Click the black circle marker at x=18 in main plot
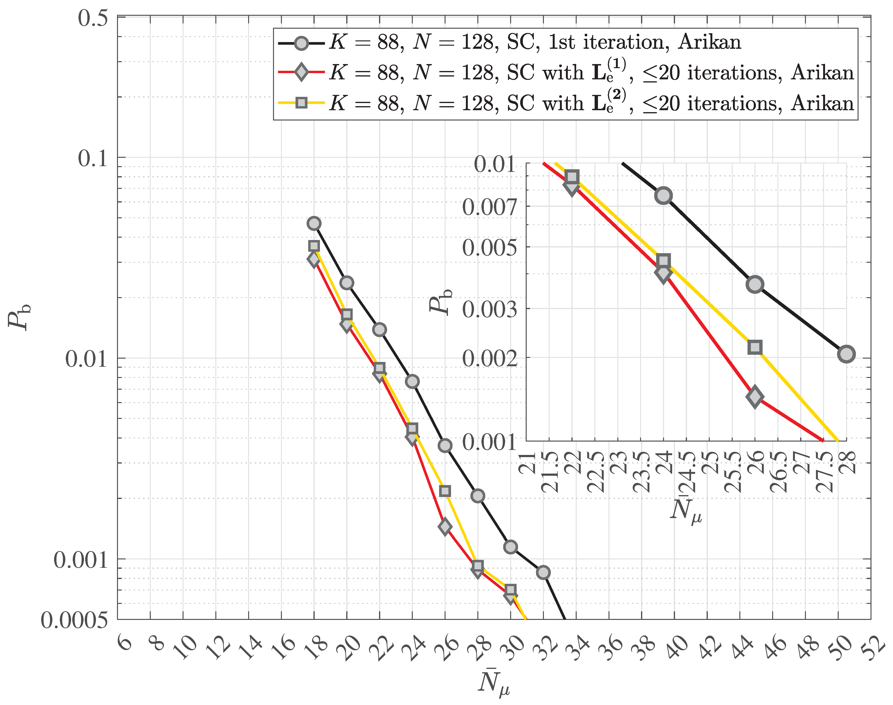click(314, 223)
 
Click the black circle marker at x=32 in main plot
click(543, 573)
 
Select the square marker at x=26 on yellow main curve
click(445, 491)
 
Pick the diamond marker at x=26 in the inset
click(755, 397)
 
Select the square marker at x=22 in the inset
click(572, 177)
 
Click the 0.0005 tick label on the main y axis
click(74, 620)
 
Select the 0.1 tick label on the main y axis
click(93, 158)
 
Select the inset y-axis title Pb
click(440, 301)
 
